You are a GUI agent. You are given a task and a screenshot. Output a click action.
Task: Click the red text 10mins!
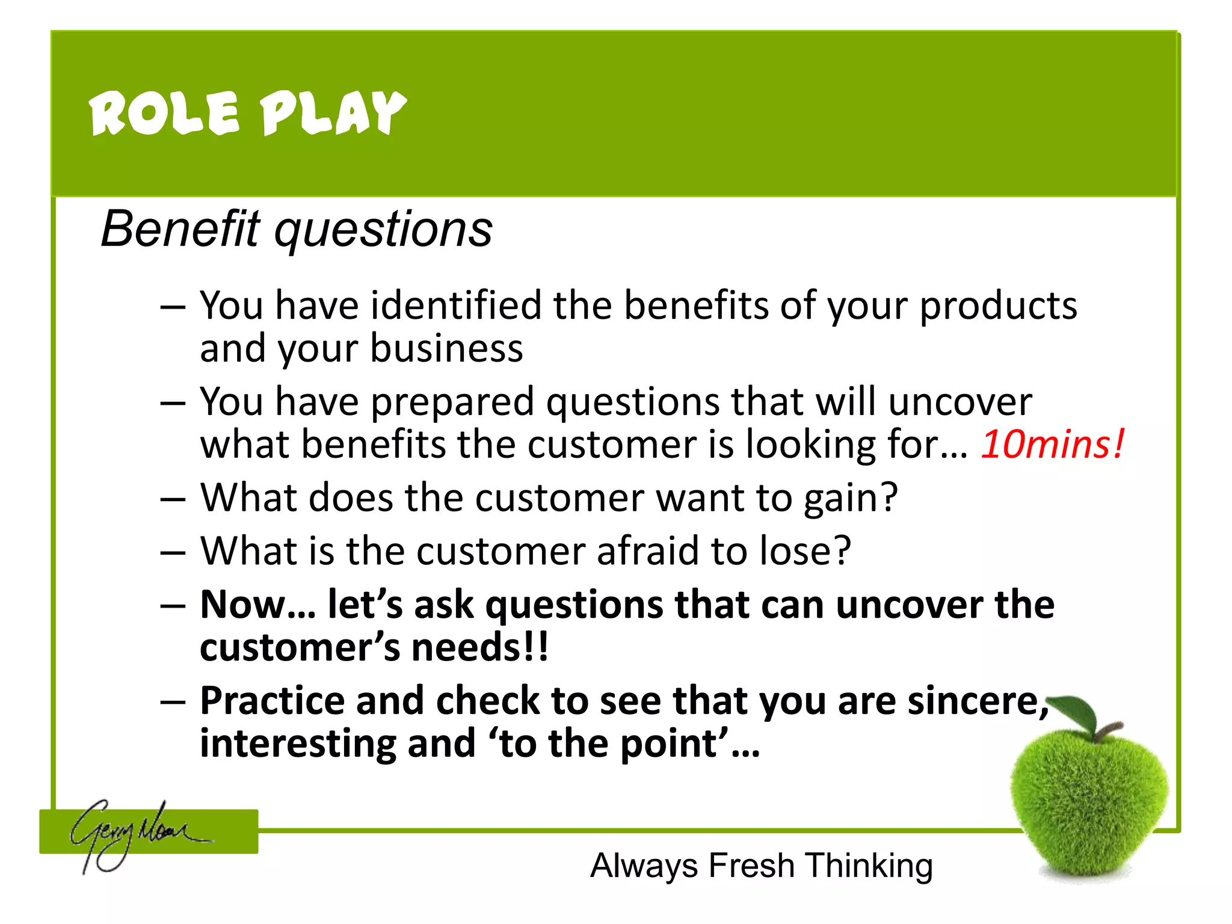pyautogui.click(x=1052, y=444)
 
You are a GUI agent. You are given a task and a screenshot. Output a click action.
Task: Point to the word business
pyautogui.click(x=446, y=348)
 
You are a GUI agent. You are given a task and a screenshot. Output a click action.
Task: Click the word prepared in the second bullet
pyautogui.click(x=452, y=402)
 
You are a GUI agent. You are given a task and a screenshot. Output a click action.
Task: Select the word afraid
pyautogui.click(x=647, y=550)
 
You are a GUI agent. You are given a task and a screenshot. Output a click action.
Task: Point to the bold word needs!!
pyautogui.click(x=479, y=647)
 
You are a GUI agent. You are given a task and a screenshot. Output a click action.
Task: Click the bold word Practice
pyautogui.click(x=273, y=701)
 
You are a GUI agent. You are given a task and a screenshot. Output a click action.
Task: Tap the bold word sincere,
pyautogui.click(x=977, y=701)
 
